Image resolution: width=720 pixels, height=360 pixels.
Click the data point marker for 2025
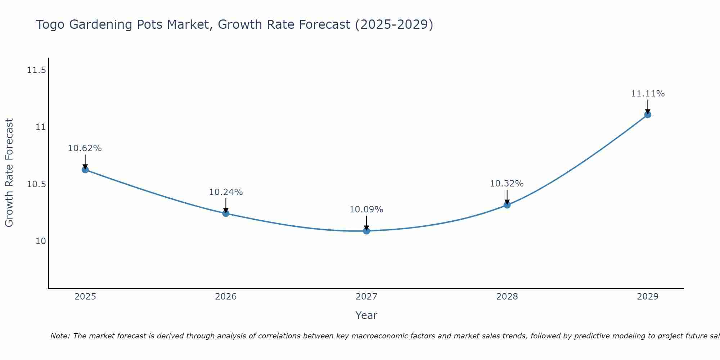85,170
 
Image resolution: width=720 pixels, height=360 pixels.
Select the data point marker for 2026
226,213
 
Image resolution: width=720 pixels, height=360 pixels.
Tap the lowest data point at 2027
366,231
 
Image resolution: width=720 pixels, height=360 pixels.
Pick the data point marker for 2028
507,205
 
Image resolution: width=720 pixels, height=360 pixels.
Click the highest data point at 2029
648,114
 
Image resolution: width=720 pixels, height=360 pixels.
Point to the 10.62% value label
85,148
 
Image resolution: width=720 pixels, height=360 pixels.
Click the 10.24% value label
226,192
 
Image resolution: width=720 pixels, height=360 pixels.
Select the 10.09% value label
366,210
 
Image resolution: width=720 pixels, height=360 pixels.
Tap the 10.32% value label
507,184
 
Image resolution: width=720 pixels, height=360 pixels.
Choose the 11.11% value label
648,94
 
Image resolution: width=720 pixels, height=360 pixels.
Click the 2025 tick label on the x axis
85,297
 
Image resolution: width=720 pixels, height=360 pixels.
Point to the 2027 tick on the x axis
366,297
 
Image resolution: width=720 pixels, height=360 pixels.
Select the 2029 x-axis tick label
648,297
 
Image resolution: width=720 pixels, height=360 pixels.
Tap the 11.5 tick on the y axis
37,70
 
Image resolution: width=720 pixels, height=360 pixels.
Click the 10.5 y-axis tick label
37,184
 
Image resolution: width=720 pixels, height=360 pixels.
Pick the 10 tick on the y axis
41,241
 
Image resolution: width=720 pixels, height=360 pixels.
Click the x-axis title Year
366,315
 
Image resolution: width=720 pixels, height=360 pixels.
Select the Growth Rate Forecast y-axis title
9,173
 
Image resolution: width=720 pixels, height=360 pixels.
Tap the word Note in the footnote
60,336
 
